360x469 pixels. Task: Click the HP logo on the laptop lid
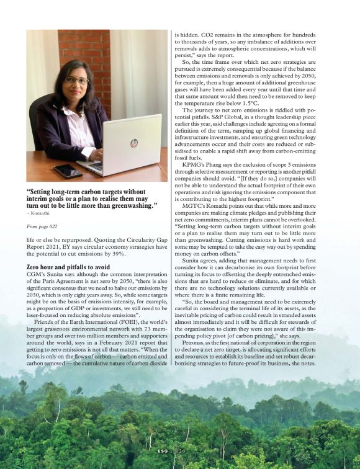click(x=134, y=143)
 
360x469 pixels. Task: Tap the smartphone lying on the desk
click(x=68, y=170)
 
